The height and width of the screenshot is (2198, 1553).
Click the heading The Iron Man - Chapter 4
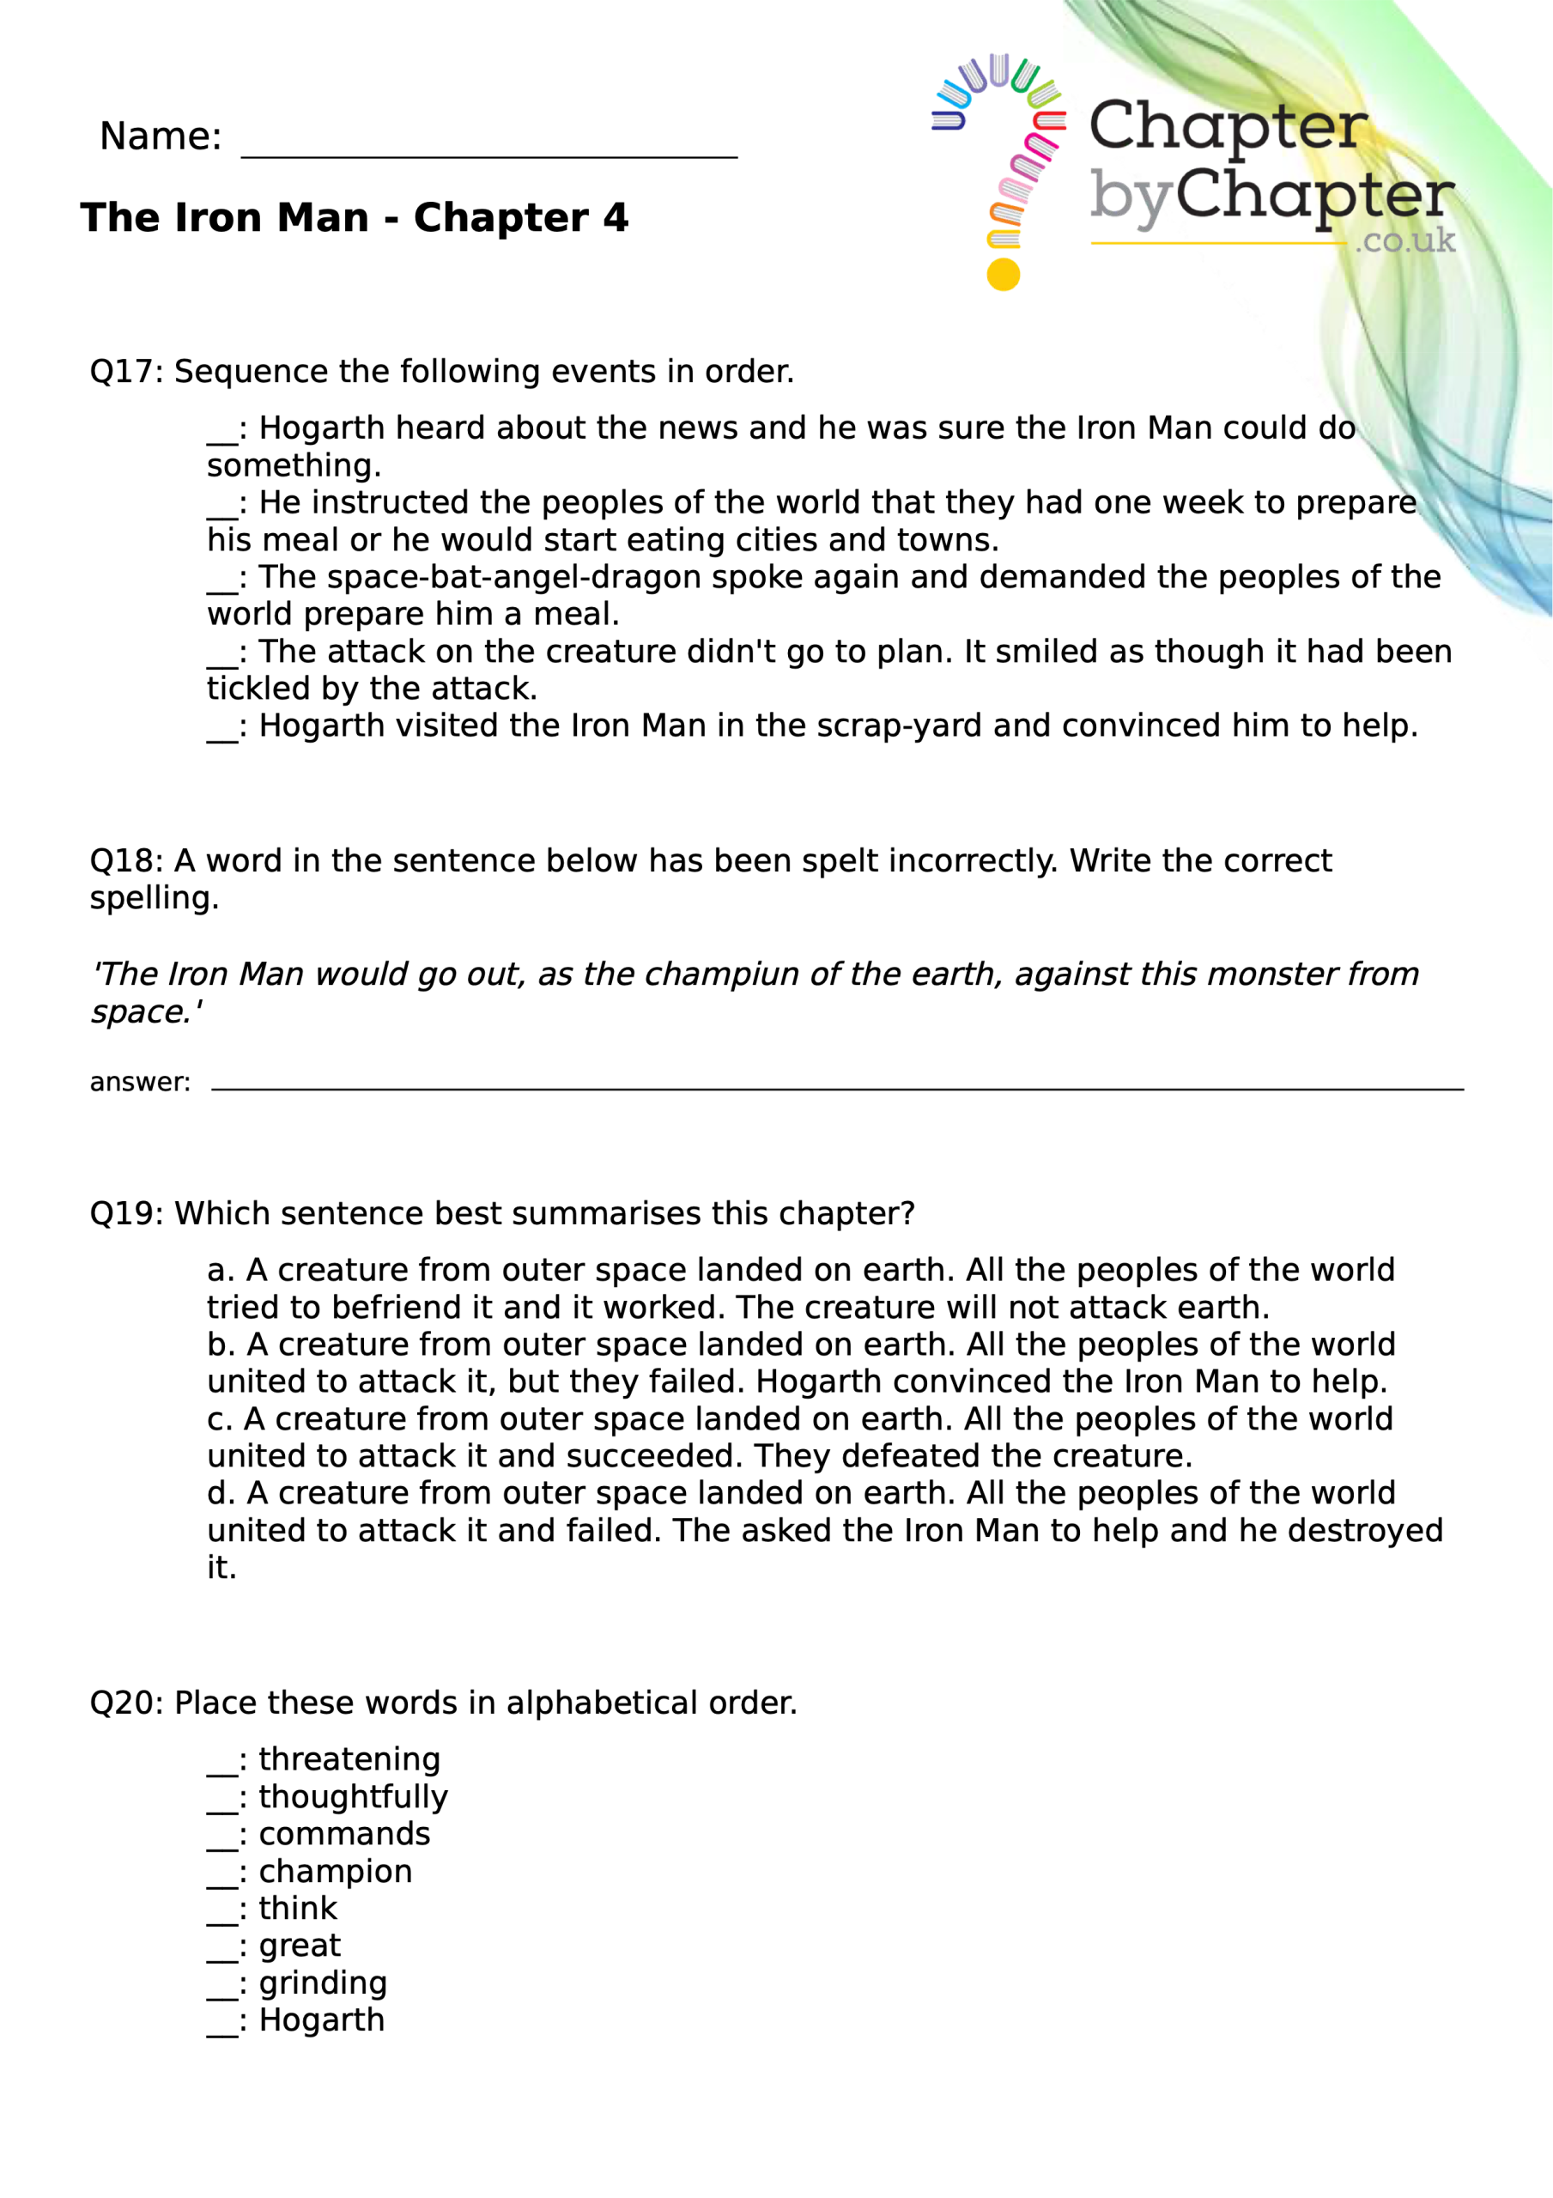click(x=355, y=218)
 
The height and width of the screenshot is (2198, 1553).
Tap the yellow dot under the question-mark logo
click(x=1003, y=275)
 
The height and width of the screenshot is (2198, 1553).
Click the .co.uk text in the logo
click(x=1404, y=240)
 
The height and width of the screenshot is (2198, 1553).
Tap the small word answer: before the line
click(x=140, y=1082)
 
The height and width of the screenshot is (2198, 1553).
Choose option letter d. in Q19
click(x=221, y=1492)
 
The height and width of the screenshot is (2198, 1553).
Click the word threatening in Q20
click(x=349, y=1759)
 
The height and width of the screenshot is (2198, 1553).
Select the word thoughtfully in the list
click(x=354, y=1797)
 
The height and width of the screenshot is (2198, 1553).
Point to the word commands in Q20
click(x=345, y=1833)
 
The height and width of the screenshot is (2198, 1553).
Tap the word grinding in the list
click(x=323, y=1982)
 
